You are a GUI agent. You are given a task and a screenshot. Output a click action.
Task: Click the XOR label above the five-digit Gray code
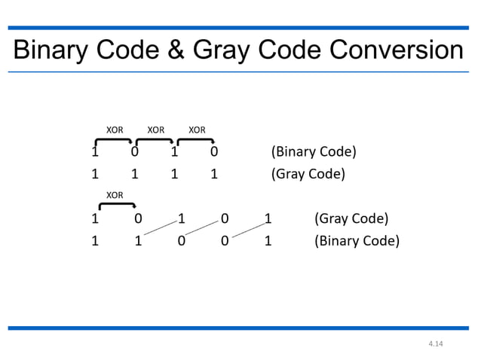click(x=115, y=196)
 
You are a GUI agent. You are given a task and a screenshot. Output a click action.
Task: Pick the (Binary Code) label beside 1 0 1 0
click(x=314, y=152)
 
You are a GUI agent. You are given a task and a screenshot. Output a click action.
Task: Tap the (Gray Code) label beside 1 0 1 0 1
click(x=351, y=220)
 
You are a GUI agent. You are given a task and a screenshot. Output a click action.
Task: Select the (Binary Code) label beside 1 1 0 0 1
click(x=357, y=243)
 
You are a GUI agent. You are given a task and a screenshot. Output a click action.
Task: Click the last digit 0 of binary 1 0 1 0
click(x=214, y=152)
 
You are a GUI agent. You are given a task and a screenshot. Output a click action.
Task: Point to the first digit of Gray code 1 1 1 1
click(x=95, y=175)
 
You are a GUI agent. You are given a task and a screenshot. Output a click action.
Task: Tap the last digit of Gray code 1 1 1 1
click(x=214, y=175)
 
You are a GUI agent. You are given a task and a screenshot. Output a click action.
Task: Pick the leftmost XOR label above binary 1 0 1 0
click(x=115, y=130)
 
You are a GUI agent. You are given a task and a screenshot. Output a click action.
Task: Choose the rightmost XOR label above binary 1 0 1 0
click(x=197, y=130)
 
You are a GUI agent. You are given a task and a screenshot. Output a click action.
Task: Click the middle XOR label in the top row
click(x=156, y=130)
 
